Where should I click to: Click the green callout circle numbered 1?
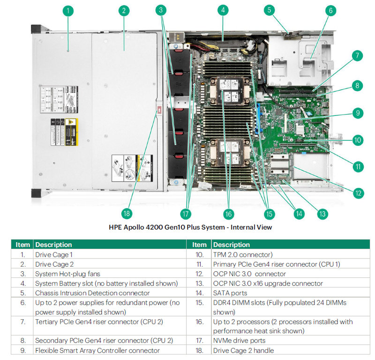(x=68, y=10)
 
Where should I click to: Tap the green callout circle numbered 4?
(x=223, y=10)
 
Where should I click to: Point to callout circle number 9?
(x=357, y=113)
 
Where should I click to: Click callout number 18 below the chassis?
(x=126, y=214)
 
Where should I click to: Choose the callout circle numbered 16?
(x=228, y=214)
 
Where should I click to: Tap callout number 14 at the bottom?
(x=299, y=214)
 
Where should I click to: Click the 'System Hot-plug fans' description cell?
(x=67, y=274)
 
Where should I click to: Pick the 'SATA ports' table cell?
(x=230, y=293)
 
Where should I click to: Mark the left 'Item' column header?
(x=22, y=245)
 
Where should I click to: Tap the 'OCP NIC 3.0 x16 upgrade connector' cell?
(x=268, y=283)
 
